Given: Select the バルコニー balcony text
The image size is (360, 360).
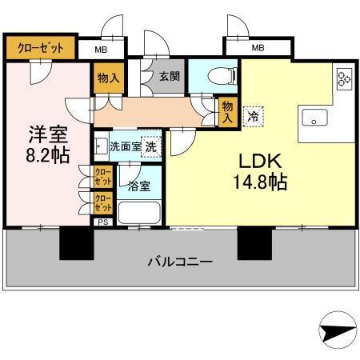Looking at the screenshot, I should [x=180, y=262].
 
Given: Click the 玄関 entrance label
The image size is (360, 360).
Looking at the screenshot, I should [x=168, y=78].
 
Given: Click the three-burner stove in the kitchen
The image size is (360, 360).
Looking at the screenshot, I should [x=345, y=78].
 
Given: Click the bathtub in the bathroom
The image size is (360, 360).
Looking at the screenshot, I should [x=139, y=213].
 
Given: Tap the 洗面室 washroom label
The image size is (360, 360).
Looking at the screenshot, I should [x=124, y=146].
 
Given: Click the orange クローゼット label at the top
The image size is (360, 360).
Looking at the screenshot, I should [x=41, y=46].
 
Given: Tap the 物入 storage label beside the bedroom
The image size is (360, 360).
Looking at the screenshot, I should [x=110, y=78].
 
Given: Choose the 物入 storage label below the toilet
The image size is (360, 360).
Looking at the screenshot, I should [x=228, y=110].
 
